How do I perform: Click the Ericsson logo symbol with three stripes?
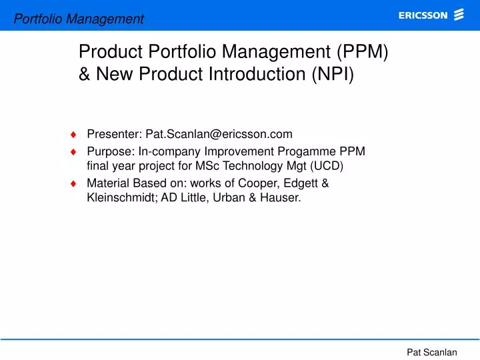459,15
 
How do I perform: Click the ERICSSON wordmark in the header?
423,16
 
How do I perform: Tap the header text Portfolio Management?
79,19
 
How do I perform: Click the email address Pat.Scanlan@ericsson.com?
219,134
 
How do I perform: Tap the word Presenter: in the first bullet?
115,134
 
